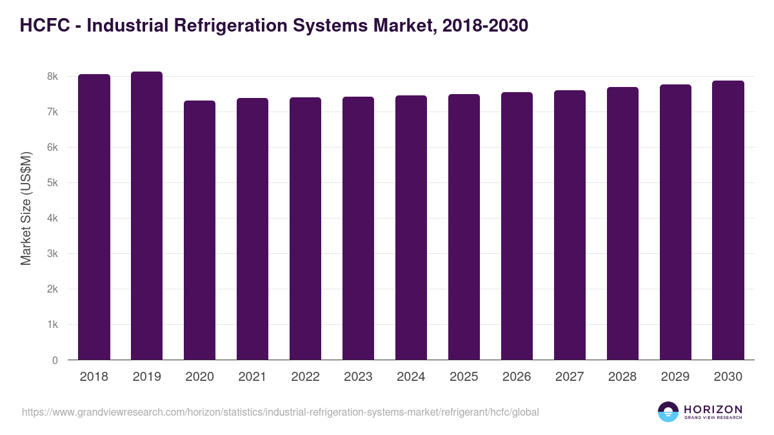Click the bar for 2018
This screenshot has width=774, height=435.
tap(94, 217)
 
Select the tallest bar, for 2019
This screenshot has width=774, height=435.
tap(146, 216)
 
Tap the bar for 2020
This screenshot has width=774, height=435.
tap(199, 230)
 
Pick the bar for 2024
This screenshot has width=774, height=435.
tap(411, 227)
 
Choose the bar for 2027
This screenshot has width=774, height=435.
tap(570, 225)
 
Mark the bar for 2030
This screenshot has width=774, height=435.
tap(728, 220)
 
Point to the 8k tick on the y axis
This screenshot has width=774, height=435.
tap(52, 77)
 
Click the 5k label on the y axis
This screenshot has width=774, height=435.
tap(52, 183)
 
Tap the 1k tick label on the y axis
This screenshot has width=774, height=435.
tap(52, 325)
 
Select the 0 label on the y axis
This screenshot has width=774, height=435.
tap(55, 360)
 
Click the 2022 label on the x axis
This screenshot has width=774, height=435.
tap(305, 377)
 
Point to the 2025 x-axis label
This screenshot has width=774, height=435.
tap(464, 377)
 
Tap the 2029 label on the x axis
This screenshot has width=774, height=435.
tap(675, 377)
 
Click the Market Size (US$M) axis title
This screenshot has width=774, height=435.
tap(26, 208)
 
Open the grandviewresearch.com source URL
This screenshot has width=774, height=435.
tap(281, 412)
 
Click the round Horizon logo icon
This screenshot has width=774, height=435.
tap(668, 412)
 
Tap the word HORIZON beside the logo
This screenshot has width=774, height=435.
tap(713, 409)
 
